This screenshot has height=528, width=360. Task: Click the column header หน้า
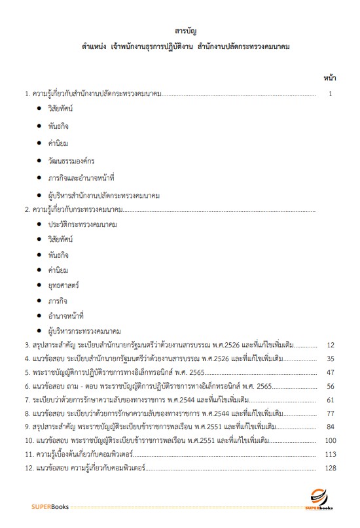tap(329, 78)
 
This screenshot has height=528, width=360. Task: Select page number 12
tap(331, 345)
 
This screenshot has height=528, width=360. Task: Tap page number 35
tap(331, 359)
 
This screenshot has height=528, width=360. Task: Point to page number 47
tap(331, 372)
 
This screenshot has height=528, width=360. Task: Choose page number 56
tap(331, 386)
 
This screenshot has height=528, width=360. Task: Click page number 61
tap(331, 400)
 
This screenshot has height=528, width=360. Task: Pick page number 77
tap(331, 414)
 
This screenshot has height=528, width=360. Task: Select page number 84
tap(331, 427)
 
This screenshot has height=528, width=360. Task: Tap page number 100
tap(330, 441)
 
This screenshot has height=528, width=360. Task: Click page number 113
tap(330, 455)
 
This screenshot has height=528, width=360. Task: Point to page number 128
tap(330, 468)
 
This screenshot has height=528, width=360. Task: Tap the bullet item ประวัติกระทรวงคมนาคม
tap(82, 224)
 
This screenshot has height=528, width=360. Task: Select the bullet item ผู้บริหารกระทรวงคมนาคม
tap(84, 331)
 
